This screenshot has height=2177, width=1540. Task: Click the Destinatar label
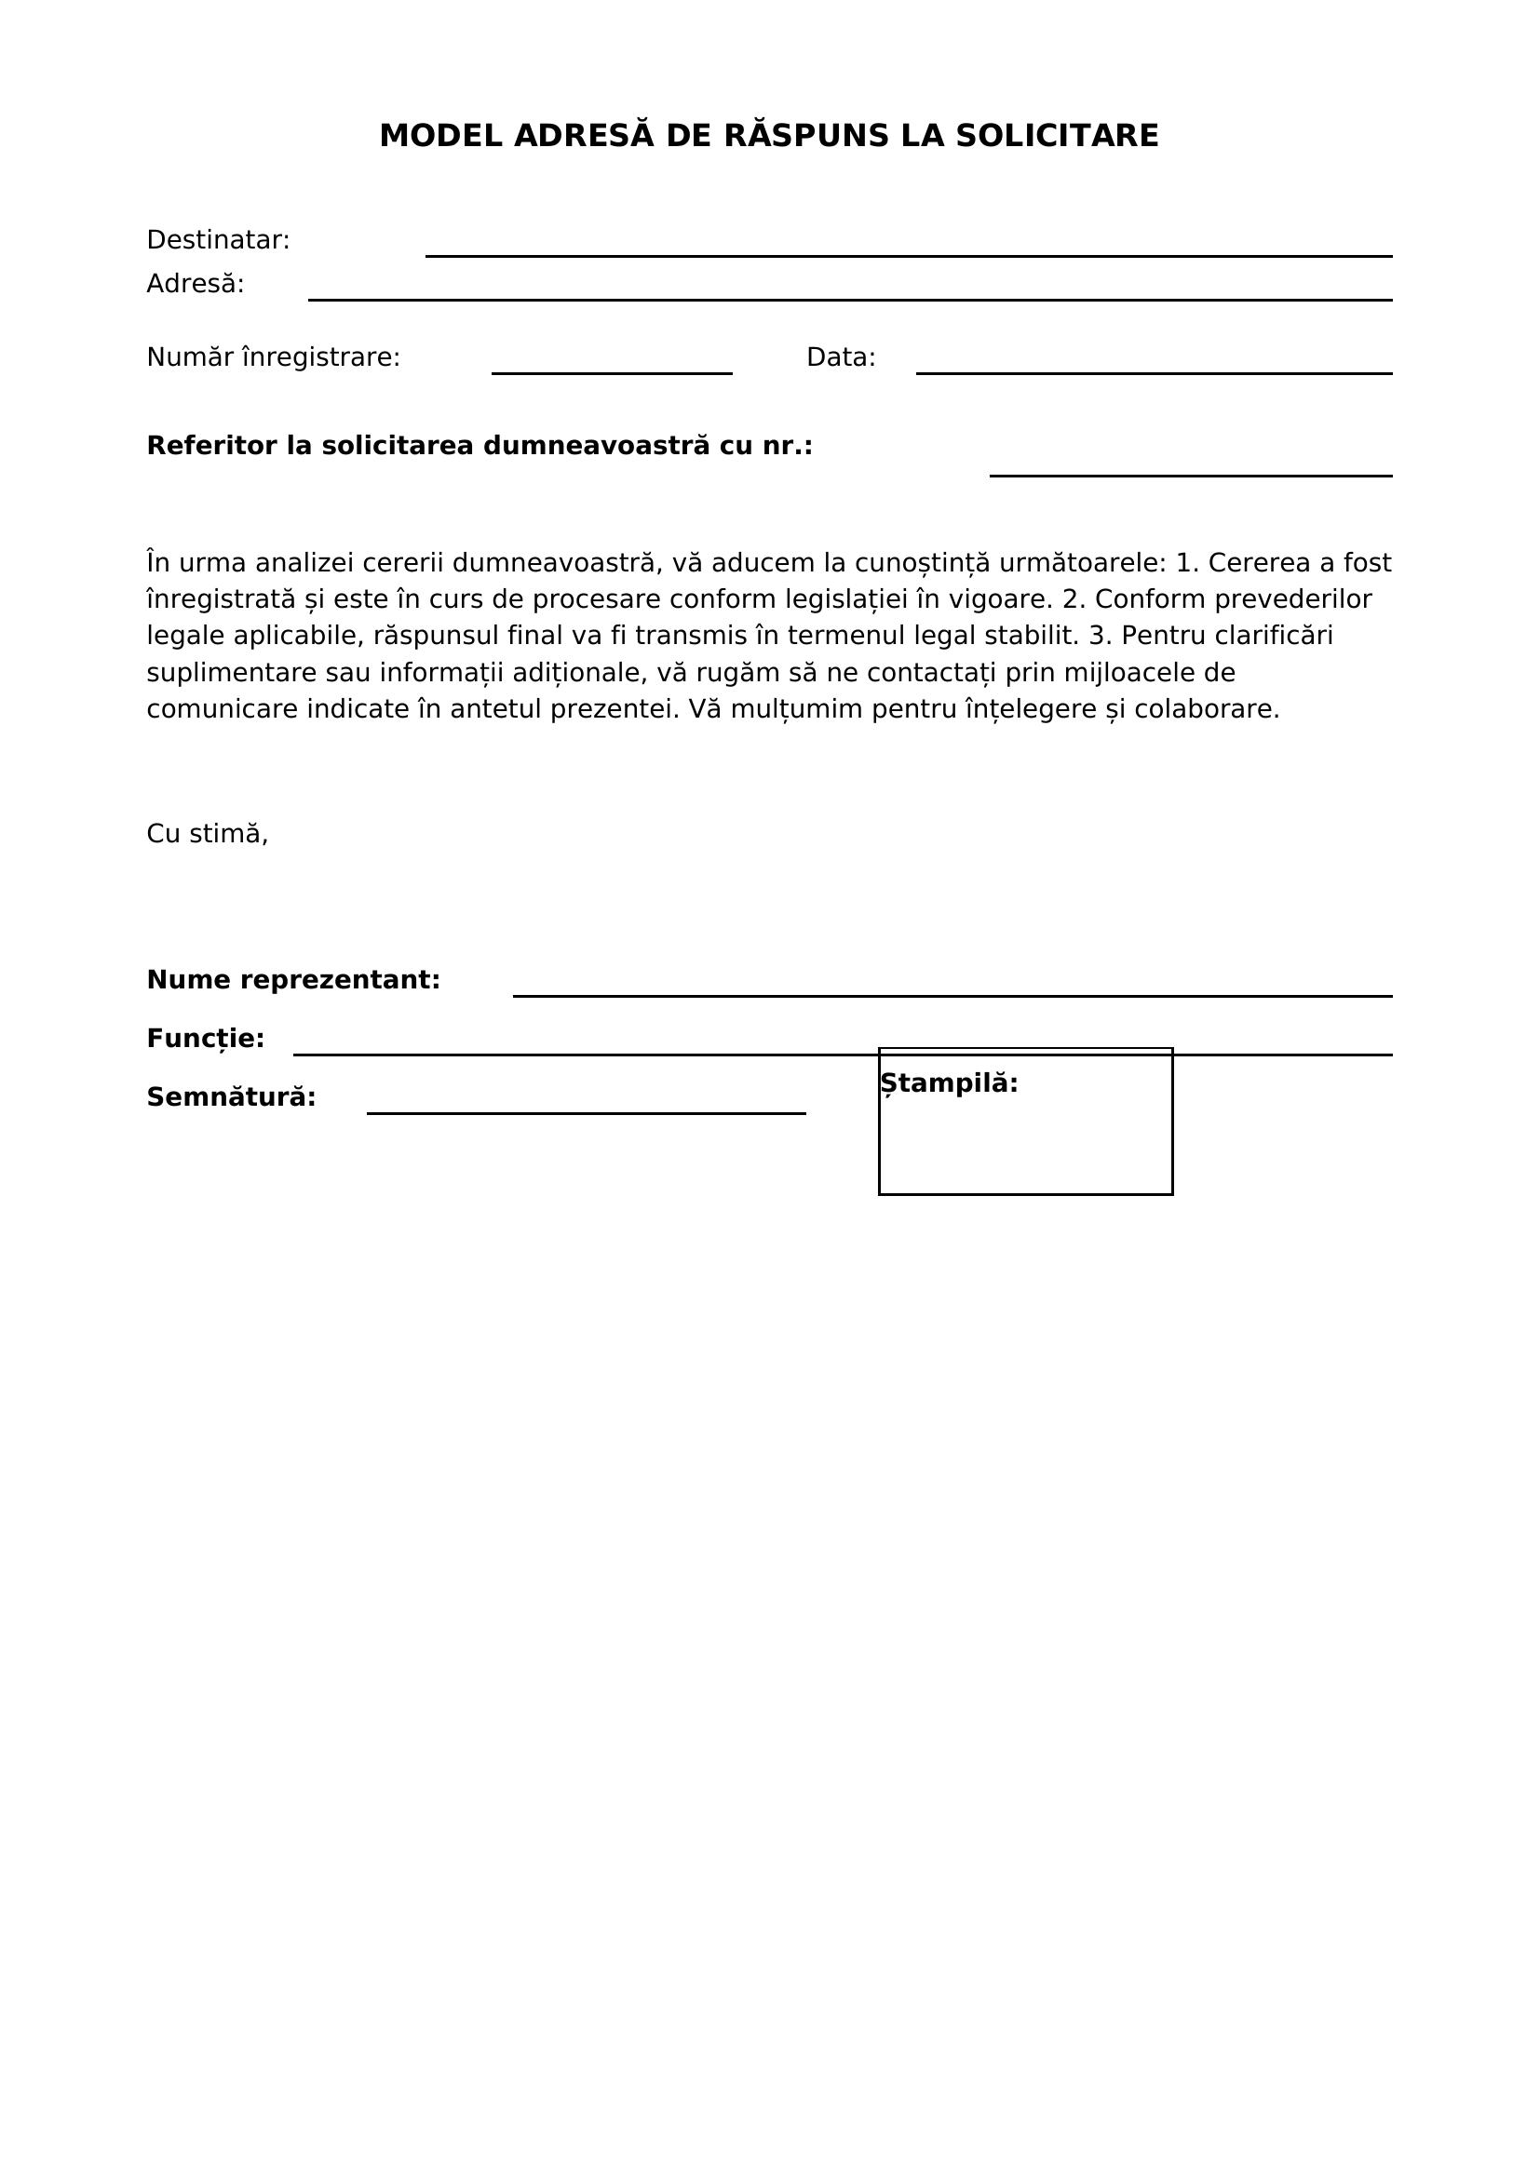[x=218, y=241]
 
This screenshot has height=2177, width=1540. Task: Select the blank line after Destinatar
[x=908, y=254]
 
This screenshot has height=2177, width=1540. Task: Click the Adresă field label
[x=196, y=285]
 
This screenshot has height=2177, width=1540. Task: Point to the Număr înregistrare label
[x=273, y=358]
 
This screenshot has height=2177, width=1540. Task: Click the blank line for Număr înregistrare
[x=612, y=371]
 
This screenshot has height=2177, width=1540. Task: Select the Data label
[x=840, y=358]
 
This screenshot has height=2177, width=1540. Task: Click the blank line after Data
[x=1153, y=371]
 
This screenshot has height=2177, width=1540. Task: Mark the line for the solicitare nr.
[x=1190, y=474]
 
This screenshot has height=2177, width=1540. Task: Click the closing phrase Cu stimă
[x=208, y=834]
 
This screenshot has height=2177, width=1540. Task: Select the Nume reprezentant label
[x=293, y=980]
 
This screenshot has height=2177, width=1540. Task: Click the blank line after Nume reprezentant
[x=952, y=995]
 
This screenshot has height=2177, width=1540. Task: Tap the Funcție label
[x=205, y=1040]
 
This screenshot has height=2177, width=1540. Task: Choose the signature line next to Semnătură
[x=586, y=1112]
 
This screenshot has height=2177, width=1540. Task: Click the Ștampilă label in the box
[x=948, y=1083]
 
